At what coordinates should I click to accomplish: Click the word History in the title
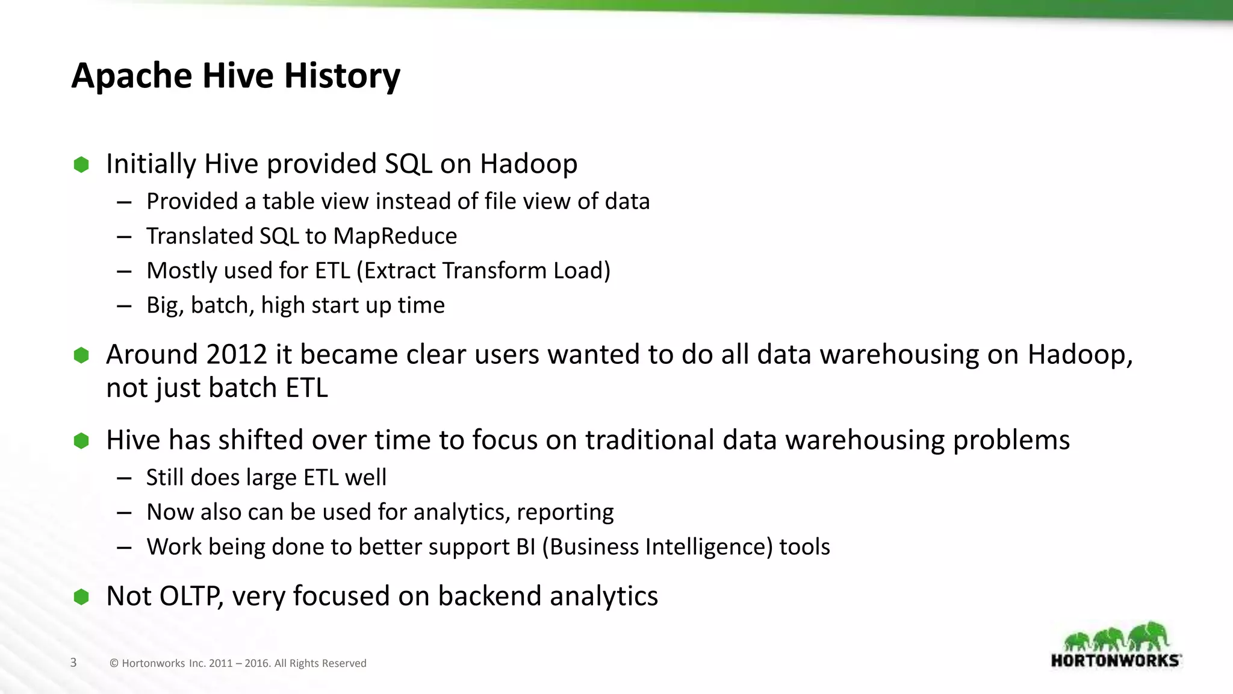[x=341, y=76]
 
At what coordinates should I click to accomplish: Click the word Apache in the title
[x=131, y=76]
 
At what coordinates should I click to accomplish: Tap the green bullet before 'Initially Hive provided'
[x=81, y=164]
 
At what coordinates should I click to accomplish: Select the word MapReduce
[x=395, y=236]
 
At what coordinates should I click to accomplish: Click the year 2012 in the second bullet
[x=237, y=354]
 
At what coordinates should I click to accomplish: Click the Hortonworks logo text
[x=1116, y=660]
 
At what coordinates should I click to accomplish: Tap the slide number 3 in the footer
[x=73, y=663]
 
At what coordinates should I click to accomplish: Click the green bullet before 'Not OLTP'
[x=81, y=597]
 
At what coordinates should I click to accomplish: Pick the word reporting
[x=565, y=513]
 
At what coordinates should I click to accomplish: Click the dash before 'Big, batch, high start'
[x=124, y=306]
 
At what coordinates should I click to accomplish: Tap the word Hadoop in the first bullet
[x=528, y=164]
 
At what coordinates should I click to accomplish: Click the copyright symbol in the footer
[x=114, y=663]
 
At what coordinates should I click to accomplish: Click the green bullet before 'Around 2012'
[x=81, y=355]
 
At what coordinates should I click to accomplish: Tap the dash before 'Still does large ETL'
[x=124, y=478]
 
